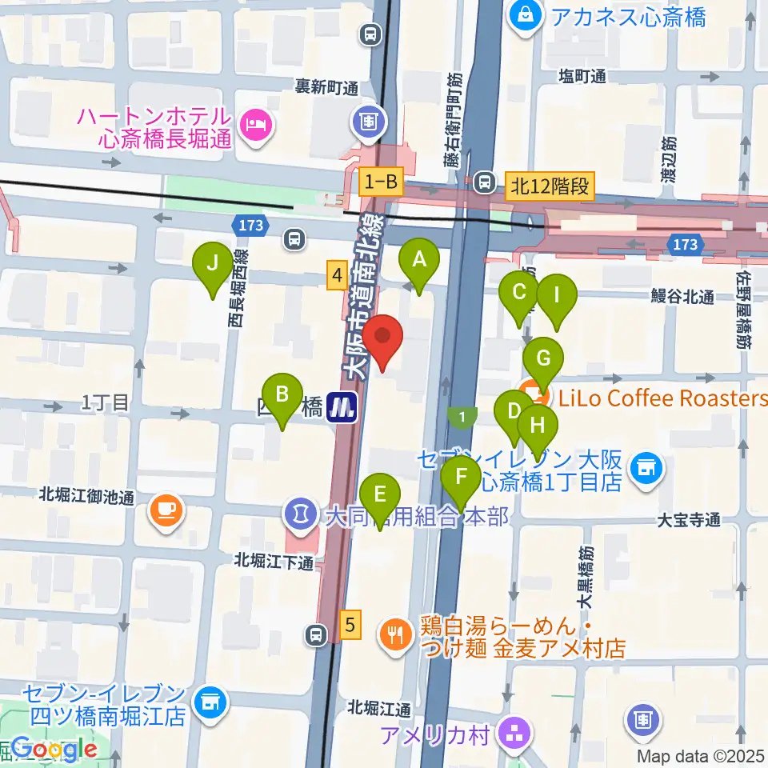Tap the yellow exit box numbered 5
(x=350, y=623)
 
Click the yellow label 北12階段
(x=552, y=187)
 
